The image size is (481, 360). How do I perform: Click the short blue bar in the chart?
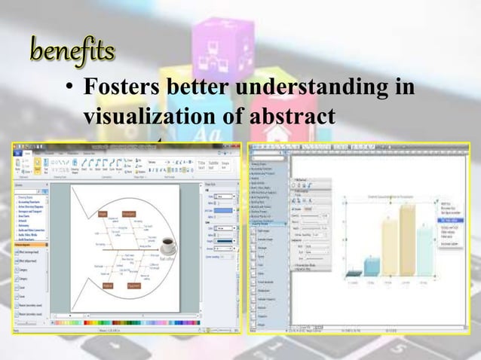(x=372, y=266)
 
